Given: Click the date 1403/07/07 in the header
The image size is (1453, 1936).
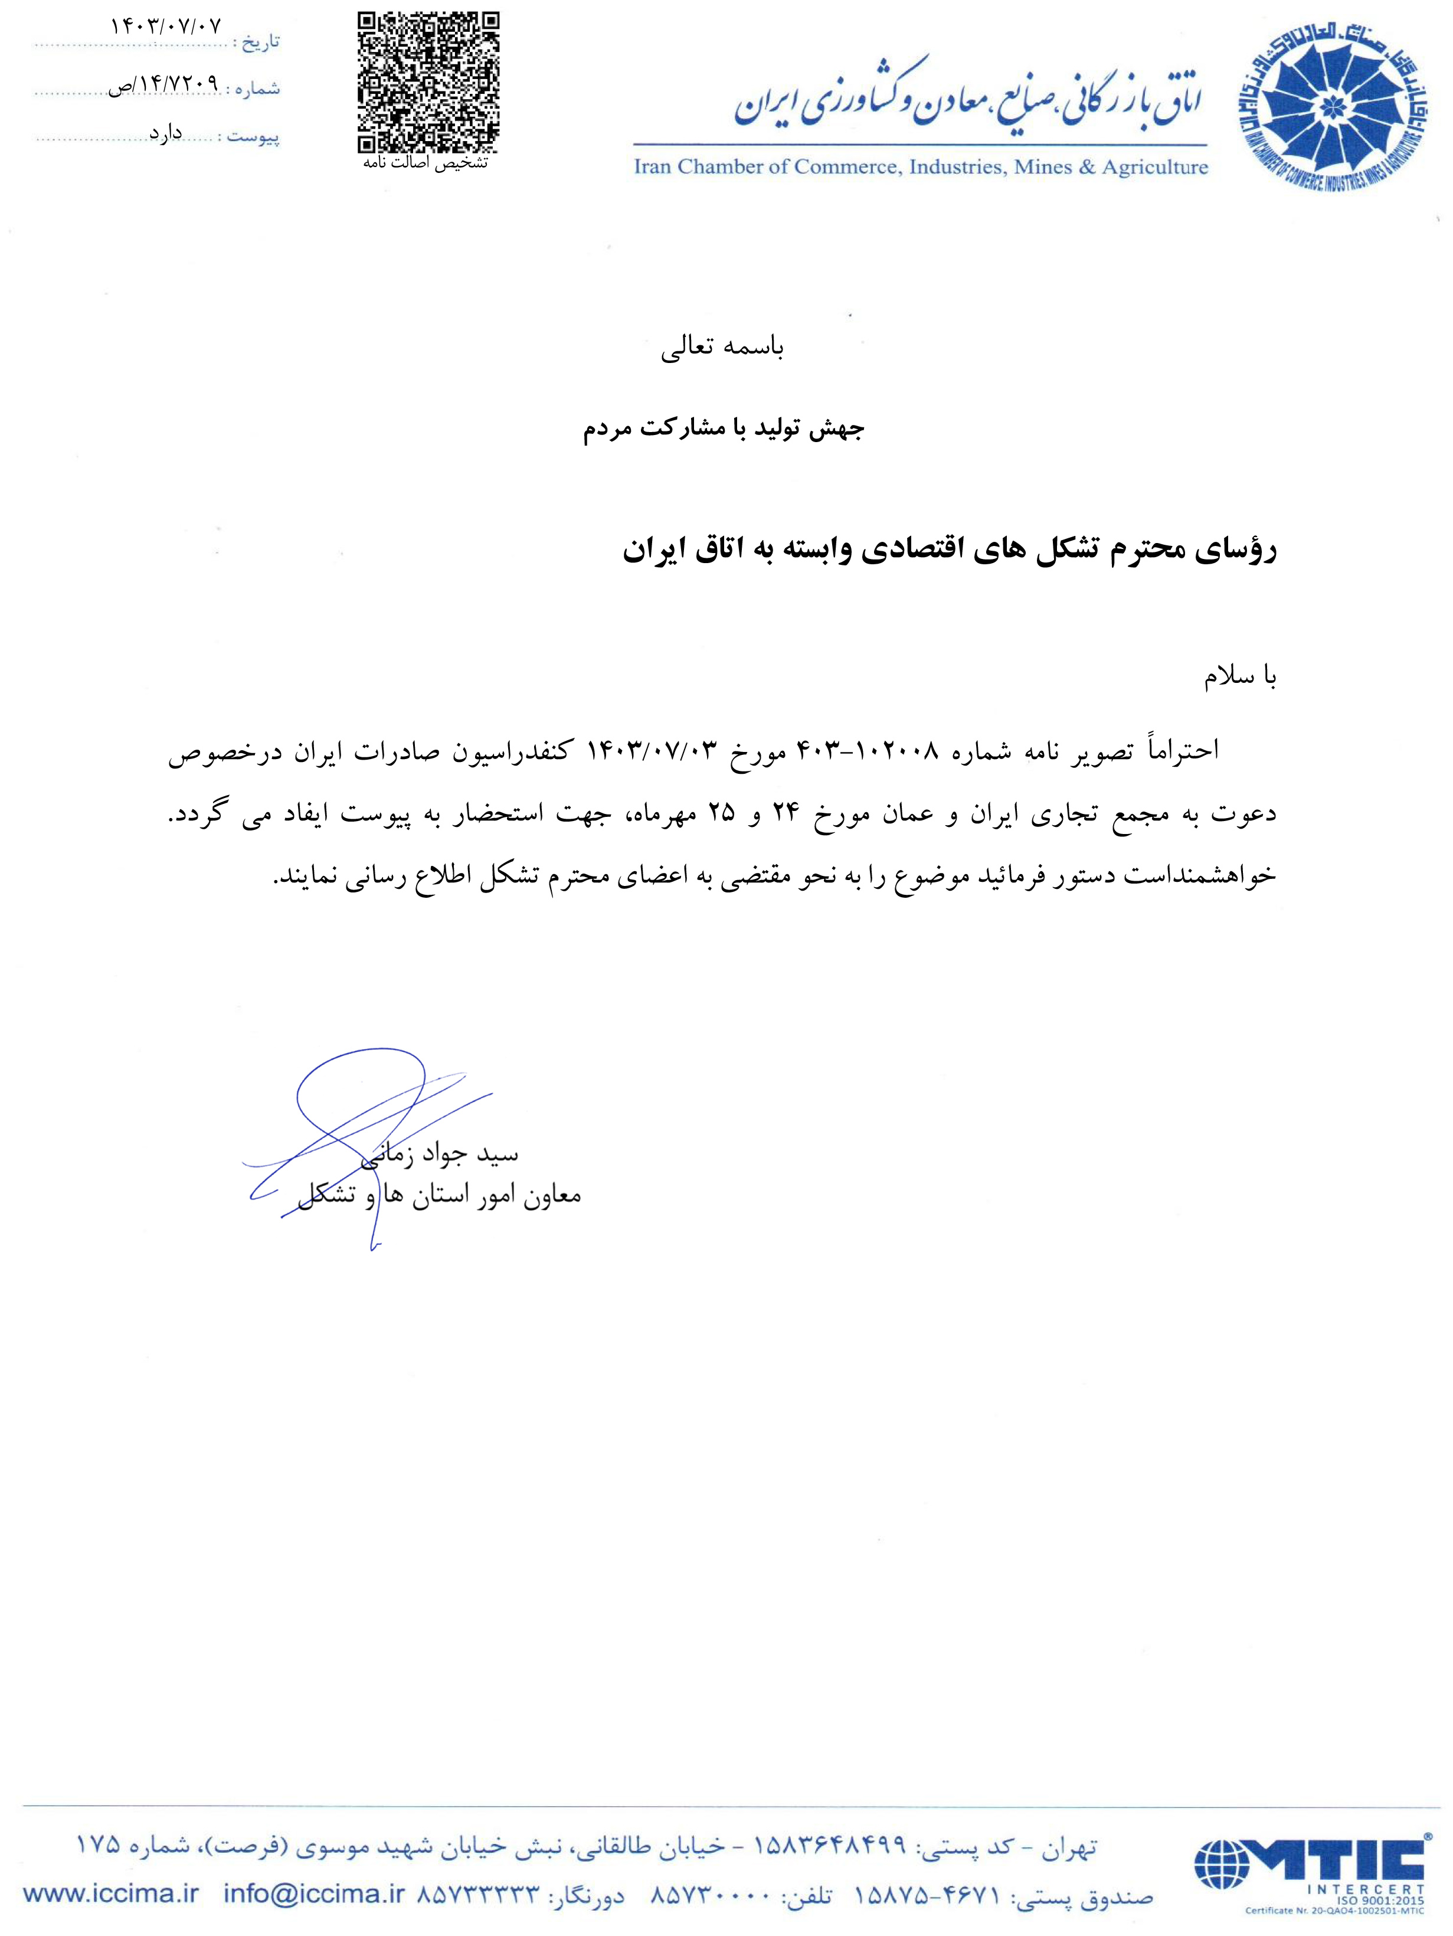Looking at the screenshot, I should pos(166,26).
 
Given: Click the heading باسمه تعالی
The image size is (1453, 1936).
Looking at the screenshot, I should pos(722,348).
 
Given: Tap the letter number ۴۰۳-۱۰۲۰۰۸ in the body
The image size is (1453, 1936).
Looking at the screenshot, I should pos(866,751).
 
